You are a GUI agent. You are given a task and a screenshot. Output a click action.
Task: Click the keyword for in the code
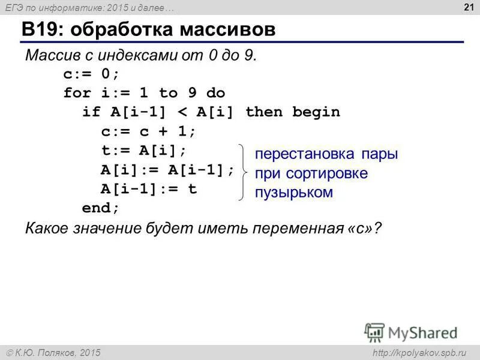[77, 93]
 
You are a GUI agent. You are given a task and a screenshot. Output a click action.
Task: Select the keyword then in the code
[263, 112]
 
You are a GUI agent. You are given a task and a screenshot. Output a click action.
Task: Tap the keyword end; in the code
[101, 208]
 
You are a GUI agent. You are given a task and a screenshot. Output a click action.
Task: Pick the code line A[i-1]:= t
[148, 188]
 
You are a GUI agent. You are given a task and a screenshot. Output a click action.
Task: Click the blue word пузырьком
[293, 192]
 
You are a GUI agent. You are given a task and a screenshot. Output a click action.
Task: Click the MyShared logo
[411, 332]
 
